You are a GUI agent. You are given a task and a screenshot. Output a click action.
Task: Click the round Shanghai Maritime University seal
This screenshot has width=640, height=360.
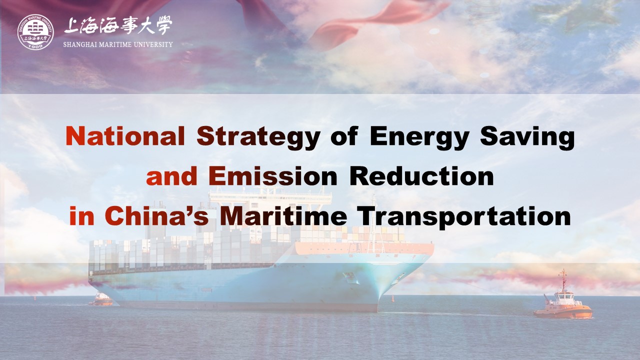pos(35,32)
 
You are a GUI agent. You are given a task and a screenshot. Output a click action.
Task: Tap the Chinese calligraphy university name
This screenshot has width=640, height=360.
pos(118,25)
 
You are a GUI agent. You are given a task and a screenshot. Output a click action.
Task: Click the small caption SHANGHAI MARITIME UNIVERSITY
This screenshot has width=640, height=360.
pos(118,44)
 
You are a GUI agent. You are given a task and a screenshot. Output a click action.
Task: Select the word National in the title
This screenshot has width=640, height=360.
pos(125,136)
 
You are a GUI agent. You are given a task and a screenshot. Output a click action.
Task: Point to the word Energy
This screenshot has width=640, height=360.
pos(419,138)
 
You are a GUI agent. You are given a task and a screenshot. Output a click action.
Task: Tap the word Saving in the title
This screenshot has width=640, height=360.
pos(527,138)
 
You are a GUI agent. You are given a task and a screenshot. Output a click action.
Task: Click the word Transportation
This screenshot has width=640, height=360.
pos(465,217)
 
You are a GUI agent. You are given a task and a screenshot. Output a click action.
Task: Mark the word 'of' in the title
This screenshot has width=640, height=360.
pos(344,136)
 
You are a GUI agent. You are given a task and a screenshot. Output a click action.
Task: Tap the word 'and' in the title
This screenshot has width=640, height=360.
pos(171,176)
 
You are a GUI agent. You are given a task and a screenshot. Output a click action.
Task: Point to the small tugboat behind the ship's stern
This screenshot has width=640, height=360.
pos(100,299)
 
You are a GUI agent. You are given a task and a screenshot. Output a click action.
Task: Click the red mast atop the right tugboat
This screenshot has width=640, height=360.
pos(563,279)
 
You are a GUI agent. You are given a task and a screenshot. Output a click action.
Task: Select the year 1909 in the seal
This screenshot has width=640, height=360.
pos(35,45)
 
